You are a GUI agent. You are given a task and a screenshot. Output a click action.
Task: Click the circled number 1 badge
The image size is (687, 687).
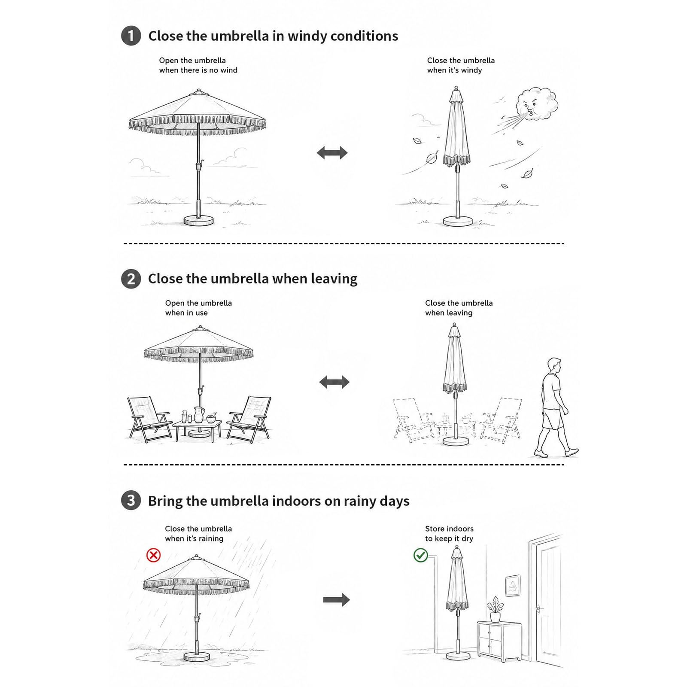click(x=131, y=36)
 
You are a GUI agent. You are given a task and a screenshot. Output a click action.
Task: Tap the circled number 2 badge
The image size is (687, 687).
click(x=131, y=279)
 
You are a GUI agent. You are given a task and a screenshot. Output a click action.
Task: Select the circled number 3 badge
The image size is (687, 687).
click(x=131, y=501)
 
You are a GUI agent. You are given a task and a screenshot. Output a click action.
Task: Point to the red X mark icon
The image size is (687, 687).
click(x=153, y=555)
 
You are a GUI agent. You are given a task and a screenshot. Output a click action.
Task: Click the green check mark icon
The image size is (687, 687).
click(x=420, y=555)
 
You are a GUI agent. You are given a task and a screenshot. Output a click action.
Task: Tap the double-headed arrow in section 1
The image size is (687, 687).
click(x=332, y=152)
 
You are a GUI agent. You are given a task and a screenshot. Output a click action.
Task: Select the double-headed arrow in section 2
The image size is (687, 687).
click(x=334, y=382)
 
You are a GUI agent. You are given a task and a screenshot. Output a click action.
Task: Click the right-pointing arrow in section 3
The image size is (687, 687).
click(x=336, y=600)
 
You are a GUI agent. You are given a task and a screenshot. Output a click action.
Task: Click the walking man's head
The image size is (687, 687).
click(x=554, y=366)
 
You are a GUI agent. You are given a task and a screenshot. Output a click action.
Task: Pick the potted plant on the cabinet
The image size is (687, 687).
click(x=495, y=609)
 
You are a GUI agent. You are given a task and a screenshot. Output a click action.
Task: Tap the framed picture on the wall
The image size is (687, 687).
click(x=512, y=586)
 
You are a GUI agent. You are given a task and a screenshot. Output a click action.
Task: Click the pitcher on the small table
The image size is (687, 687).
click(x=198, y=415)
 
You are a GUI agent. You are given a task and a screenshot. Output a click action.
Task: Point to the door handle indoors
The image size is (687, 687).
click(x=538, y=608)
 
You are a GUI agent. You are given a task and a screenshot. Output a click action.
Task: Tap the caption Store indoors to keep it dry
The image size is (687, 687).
click(x=449, y=534)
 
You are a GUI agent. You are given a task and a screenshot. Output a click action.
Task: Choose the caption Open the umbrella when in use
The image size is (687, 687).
click(x=198, y=308)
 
